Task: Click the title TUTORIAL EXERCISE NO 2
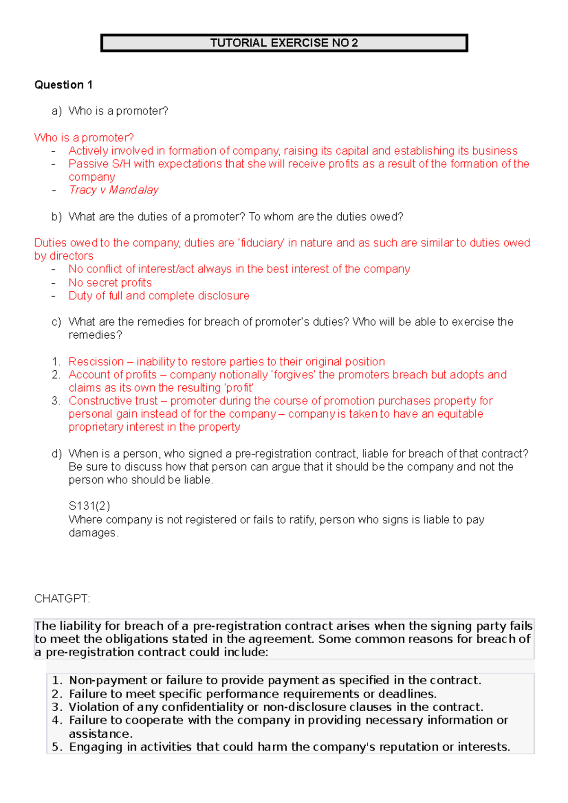[x=284, y=43]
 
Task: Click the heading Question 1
[x=63, y=85]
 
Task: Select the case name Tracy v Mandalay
[x=114, y=190]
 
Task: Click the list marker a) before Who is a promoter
[x=57, y=111]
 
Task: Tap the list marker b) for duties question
[x=57, y=217]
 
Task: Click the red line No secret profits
[x=110, y=283]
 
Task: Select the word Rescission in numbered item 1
[x=96, y=362]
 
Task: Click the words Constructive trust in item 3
[x=113, y=401]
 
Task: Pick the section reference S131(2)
[x=89, y=506]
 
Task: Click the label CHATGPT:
[x=62, y=599]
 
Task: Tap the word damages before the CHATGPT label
[x=92, y=533]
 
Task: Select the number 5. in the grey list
[x=57, y=747]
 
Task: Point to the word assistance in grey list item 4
[x=100, y=734]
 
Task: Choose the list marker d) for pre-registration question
[x=57, y=454]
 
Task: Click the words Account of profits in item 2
[x=113, y=375]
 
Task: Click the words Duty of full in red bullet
[x=96, y=296]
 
